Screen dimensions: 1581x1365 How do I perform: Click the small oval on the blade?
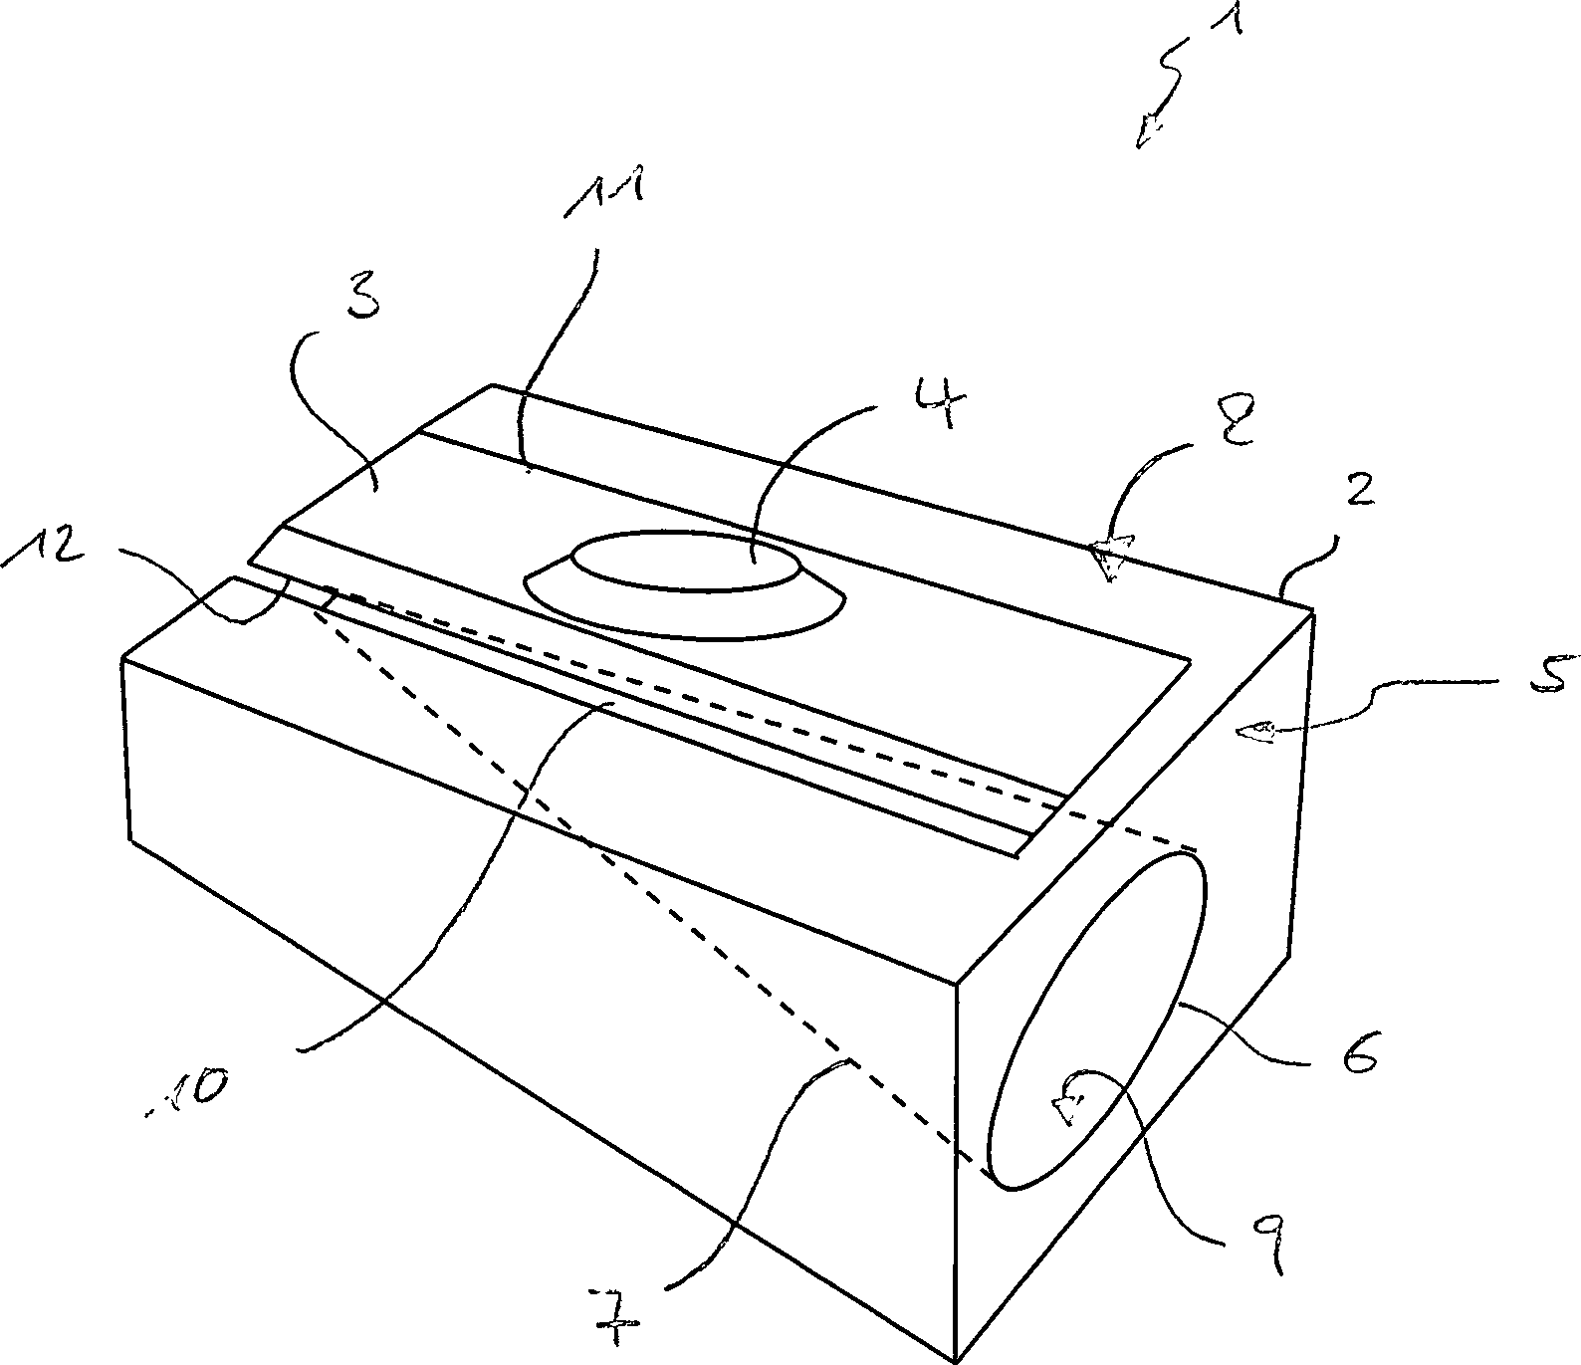pos(684,560)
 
